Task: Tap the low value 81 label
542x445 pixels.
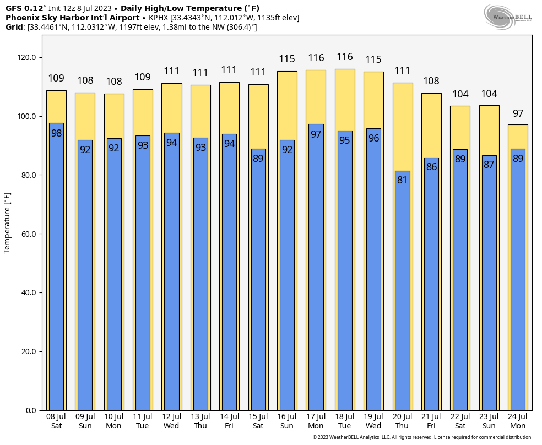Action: click(x=403, y=180)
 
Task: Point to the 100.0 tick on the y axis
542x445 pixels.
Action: click(x=28, y=116)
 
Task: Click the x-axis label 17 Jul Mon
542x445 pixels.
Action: click(x=316, y=421)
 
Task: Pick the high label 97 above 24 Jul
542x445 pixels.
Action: click(x=518, y=114)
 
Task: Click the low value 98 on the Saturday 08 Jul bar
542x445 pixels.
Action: click(x=56, y=133)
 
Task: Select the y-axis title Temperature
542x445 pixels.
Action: click(x=7, y=223)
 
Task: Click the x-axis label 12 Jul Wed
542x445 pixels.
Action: click(x=171, y=421)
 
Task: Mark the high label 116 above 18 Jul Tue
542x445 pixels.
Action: click(x=345, y=57)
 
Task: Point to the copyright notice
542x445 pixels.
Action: click(x=422, y=437)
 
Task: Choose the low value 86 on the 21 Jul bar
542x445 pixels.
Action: click(x=431, y=167)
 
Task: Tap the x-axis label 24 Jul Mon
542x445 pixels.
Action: click(x=518, y=421)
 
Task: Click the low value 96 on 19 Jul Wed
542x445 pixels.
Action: click(x=373, y=138)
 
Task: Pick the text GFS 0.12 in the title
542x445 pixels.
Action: click(x=24, y=8)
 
